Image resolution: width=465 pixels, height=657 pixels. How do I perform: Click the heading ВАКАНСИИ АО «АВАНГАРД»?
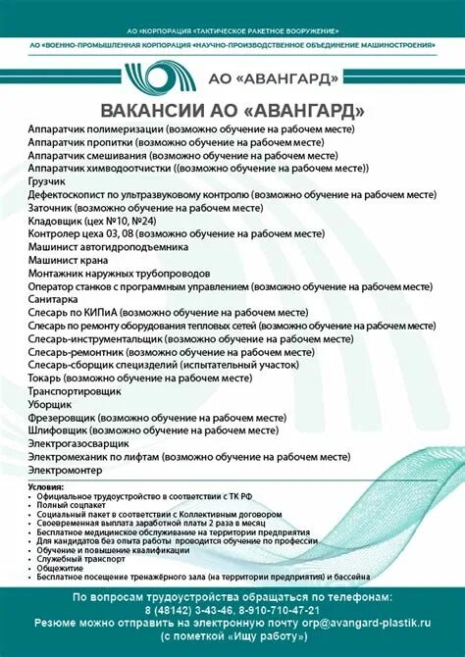pyautogui.click(x=232, y=109)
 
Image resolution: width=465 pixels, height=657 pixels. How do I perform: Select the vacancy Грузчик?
pyautogui.click(x=47, y=182)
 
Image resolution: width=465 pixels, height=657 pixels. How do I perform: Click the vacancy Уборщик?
pyautogui.click(x=49, y=403)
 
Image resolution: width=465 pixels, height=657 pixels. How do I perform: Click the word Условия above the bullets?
pyautogui.click(x=45, y=487)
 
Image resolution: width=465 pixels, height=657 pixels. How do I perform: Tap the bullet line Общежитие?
pyautogui.click(x=60, y=568)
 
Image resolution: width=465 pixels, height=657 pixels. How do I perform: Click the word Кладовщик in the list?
pyautogui.click(x=54, y=222)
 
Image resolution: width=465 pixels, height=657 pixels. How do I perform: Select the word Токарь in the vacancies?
pyautogui.click(x=45, y=377)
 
